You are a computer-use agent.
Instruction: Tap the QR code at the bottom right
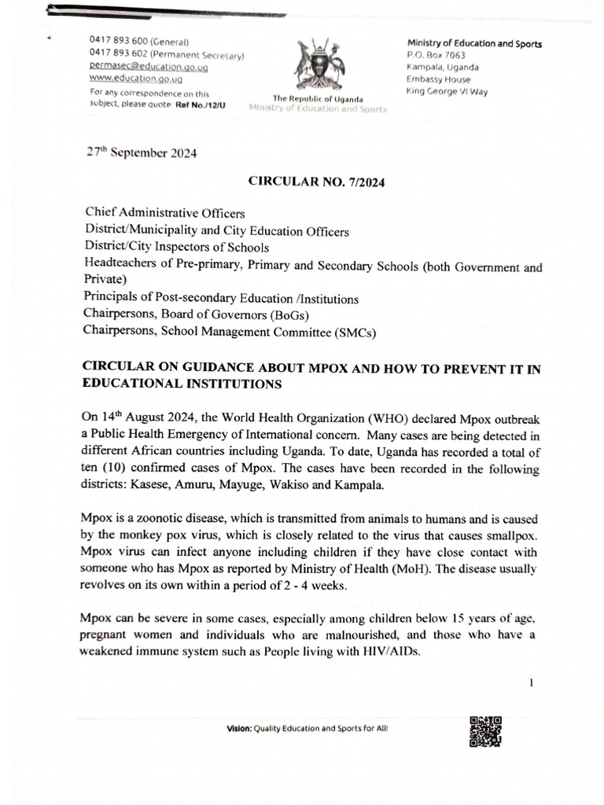click(x=485, y=733)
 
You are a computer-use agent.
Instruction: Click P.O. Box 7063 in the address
click(x=436, y=55)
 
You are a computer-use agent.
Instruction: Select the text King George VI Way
click(x=447, y=90)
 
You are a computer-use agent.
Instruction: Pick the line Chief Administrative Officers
click(x=164, y=214)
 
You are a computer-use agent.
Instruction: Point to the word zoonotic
click(x=164, y=518)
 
